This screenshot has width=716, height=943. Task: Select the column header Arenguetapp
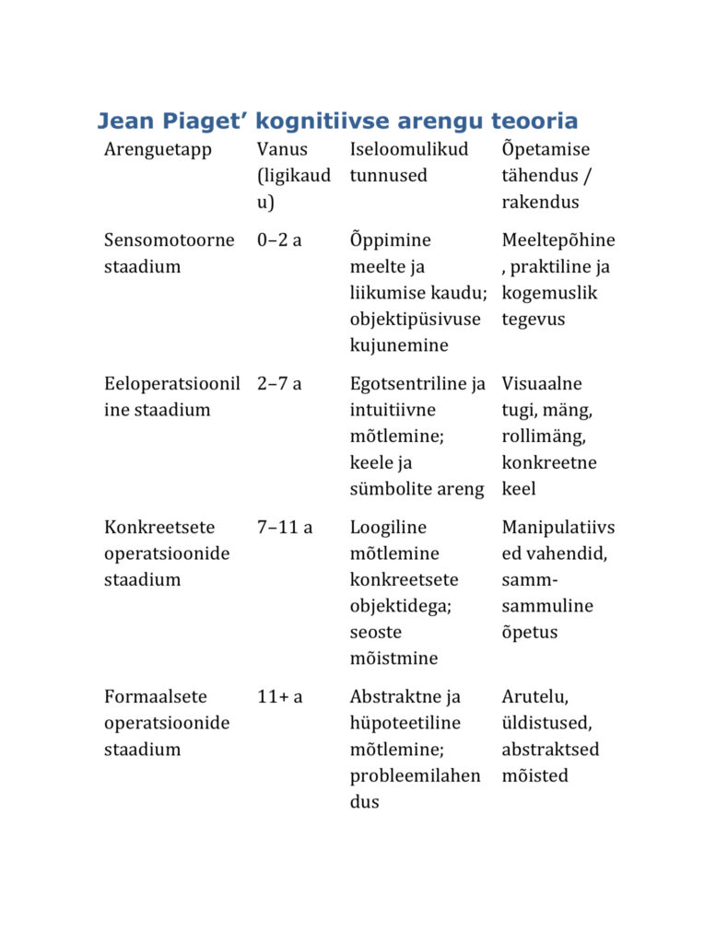(x=158, y=149)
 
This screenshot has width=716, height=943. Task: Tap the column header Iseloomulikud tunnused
(x=409, y=161)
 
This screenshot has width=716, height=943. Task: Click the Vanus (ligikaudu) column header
(x=293, y=175)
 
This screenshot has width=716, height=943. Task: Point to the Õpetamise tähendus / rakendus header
(x=546, y=175)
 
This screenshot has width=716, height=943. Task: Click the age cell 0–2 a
(x=279, y=240)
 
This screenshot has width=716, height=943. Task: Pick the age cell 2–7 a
(x=279, y=384)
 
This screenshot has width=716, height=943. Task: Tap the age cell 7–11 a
(x=285, y=528)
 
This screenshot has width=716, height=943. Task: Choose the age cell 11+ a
(x=280, y=697)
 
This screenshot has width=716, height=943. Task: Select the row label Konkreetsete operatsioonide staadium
(x=167, y=553)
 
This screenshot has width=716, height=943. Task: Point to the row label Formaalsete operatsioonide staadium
(x=167, y=723)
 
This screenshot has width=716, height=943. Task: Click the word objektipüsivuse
(x=415, y=320)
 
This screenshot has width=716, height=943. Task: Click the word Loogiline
(x=388, y=528)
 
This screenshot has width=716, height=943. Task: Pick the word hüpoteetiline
(x=405, y=724)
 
